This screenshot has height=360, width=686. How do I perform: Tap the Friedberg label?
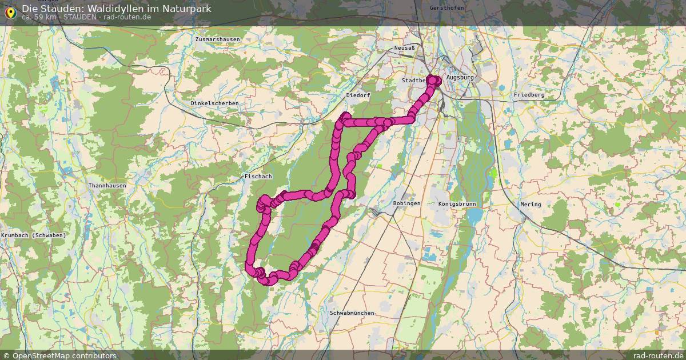(x=529, y=94)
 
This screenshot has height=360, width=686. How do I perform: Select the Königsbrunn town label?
(x=457, y=204)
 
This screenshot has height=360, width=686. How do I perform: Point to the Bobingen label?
(x=406, y=203)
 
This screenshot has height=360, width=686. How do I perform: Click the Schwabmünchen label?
(x=352, y=313)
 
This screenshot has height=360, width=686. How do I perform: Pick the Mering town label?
(x=530, y=205)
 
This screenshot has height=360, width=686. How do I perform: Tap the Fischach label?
(x=258, y=177)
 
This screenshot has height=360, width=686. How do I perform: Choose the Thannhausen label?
(x=107, y=186)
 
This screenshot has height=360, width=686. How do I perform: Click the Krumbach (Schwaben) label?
(x=34, y=235)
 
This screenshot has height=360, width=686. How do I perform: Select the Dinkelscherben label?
(x=214, y=103)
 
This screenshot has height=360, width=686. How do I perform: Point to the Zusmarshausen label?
(x=217, y=39)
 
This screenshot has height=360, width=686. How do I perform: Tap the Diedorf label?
(x=358, y=95)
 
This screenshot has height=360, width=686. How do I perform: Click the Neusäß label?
(x=404, y=48)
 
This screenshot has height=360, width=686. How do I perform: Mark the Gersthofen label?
(x=446, y=8)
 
